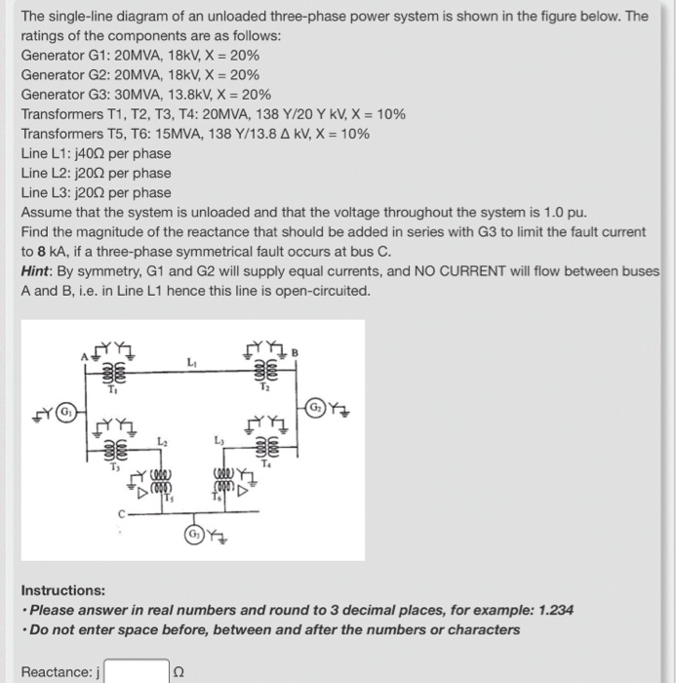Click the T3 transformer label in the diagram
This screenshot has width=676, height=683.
click(113, 466)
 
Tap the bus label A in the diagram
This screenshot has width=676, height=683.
click(84, 357)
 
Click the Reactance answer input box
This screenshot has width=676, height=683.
click(137, 671)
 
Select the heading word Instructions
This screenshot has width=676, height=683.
click(63, 590)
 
